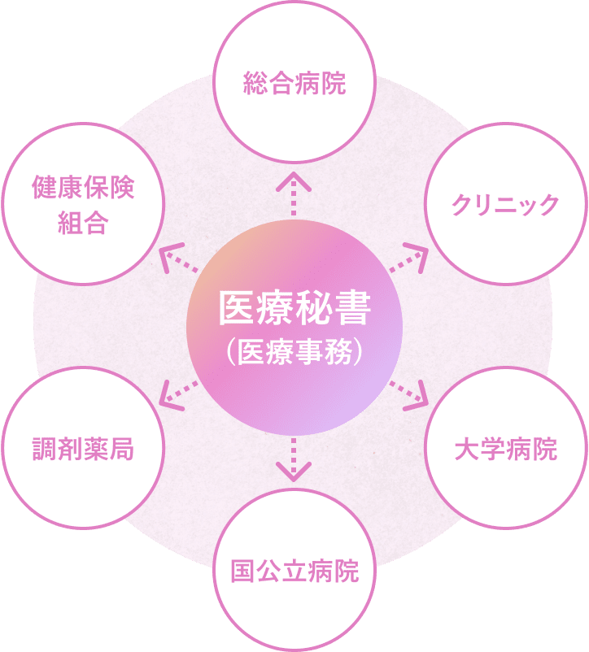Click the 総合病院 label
294,84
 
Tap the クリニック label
506,204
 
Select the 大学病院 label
506,449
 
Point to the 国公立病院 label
294,572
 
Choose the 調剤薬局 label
83,449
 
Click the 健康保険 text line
83,188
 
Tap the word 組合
83,224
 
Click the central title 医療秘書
294,308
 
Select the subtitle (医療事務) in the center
294,352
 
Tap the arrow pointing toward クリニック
409,259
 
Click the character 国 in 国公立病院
243,572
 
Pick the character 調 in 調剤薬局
45,449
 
